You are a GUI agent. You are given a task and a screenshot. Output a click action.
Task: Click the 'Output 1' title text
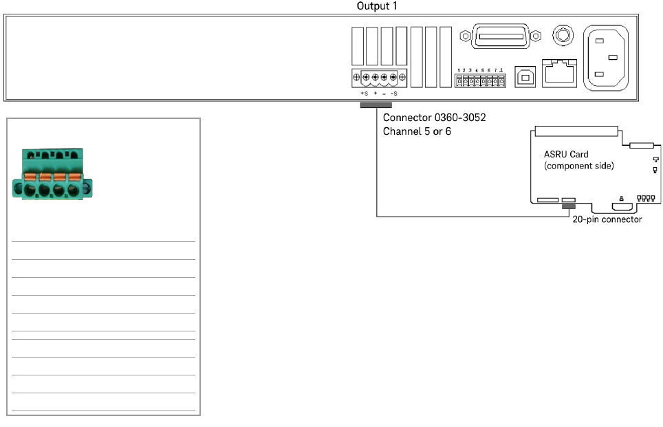(x=376, y=6)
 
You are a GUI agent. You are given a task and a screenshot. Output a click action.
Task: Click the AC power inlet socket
(x=605, y=58)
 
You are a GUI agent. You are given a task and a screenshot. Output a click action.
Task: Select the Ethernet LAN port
(x=559, y=71)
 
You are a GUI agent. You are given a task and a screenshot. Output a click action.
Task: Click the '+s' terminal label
(x=365, y=94)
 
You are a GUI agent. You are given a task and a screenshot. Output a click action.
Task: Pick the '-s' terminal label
(x=393, y=94)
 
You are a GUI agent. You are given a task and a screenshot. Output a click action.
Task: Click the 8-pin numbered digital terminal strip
(x=481, y=81)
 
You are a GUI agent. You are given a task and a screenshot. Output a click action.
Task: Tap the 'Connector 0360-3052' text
(x=434, y=118)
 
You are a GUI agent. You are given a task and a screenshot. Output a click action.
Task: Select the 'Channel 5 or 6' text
(x=417, y=131)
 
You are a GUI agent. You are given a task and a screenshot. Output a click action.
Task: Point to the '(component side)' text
(x=579, y=166)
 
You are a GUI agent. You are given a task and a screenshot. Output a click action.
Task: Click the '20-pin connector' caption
(x=607, y=220)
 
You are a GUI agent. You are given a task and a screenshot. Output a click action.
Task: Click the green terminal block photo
(x=52, y=176)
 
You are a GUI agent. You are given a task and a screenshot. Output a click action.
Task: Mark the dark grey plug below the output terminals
(x=376, y=105)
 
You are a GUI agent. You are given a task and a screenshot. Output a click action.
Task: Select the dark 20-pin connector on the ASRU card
(x=568, y=206)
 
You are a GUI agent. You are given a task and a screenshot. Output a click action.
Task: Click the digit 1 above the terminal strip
(x=459, y=70)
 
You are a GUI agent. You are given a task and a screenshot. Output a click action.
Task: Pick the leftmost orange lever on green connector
(x=30, y=177)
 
